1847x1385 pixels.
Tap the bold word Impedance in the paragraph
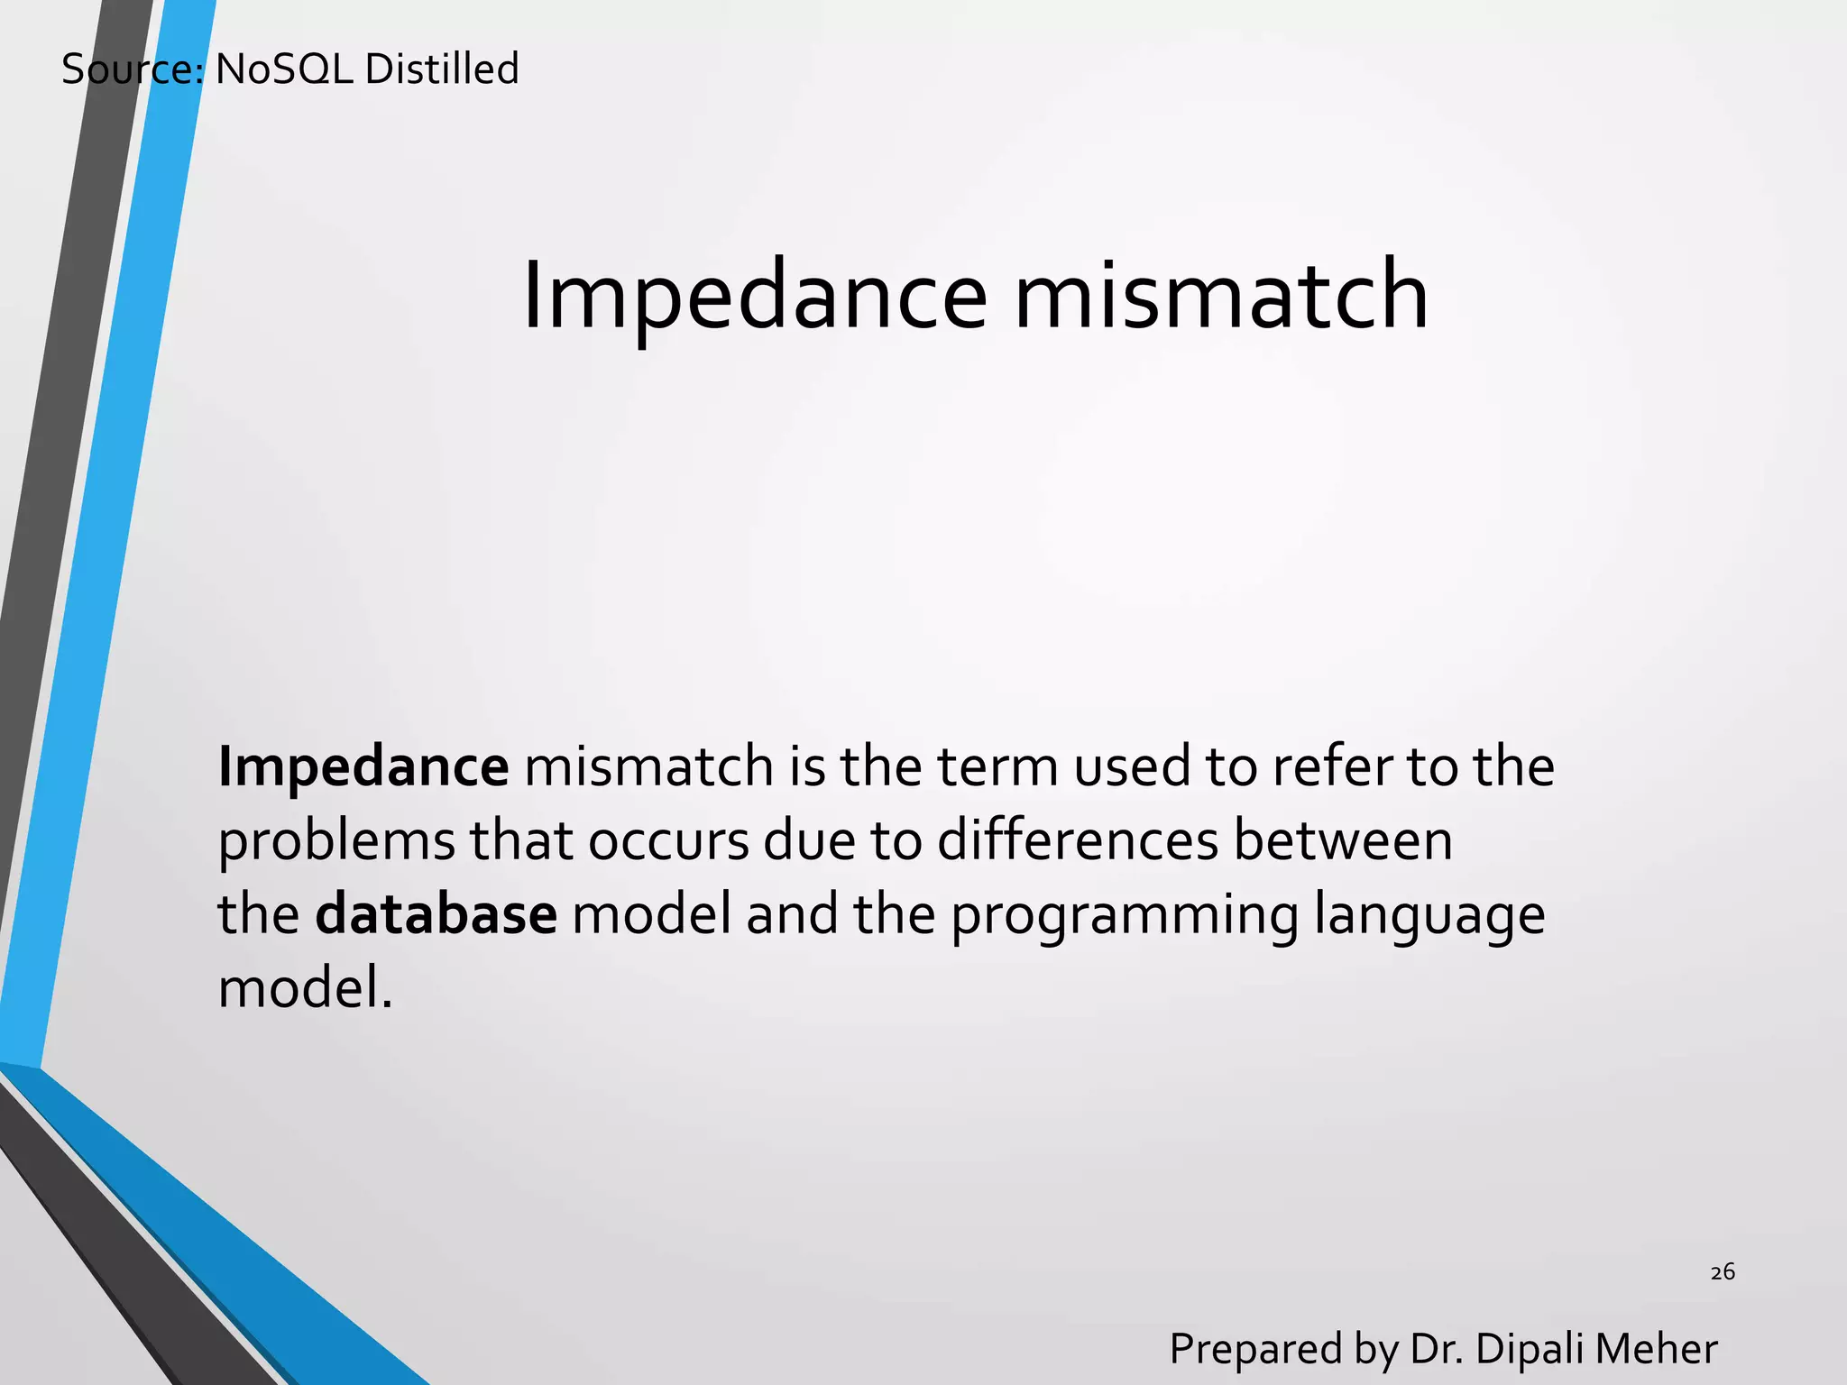pos(363,767)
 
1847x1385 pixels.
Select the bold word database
pos(436,914)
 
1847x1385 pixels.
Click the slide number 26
pos(1723,1272)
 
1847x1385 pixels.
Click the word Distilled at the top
pos(442,69)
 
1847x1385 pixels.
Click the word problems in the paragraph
pos(336,842)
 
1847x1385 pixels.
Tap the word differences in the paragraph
pos(1078,840)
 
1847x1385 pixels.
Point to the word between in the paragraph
pos(1343,840)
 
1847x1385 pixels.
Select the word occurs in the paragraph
pos(668,842)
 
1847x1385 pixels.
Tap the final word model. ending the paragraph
pos(306,989)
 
